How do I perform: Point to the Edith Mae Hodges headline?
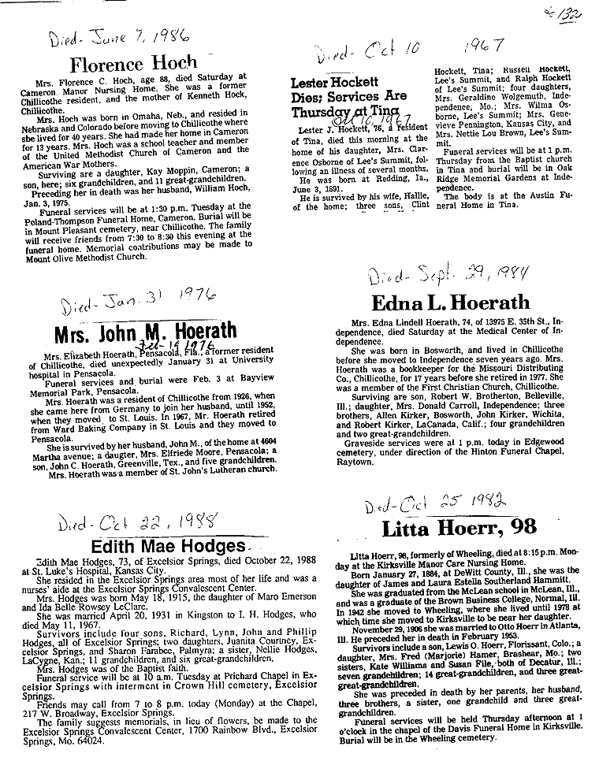pos(169,546)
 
